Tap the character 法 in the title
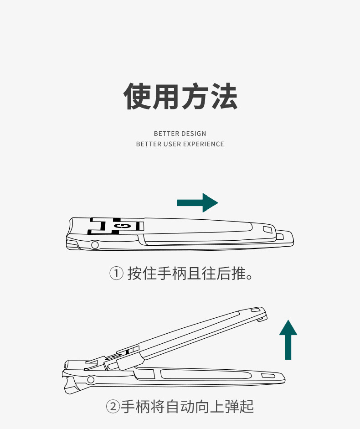point(223,96)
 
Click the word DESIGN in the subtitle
point(194,134)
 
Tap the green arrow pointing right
point(197,202)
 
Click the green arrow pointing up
point(288,339)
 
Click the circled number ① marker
point(116,274)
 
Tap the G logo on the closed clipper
point(122,226)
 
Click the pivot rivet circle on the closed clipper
point(95,245)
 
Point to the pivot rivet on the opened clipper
point(91,379)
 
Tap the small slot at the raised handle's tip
point(255,310)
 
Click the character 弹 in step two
point(231,406)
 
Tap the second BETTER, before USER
point(149,144)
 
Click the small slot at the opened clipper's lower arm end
point(268,376)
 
